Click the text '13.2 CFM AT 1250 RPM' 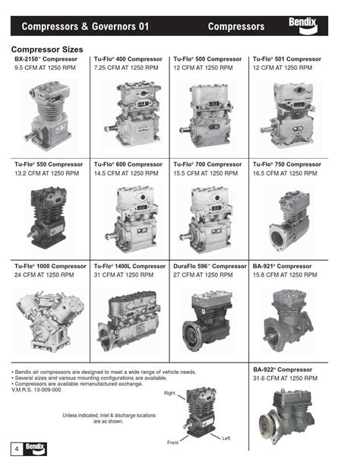tap(46, 174)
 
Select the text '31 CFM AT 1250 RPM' tap(125, 275)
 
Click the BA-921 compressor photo tap(289, 315)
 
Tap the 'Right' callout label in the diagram tap(169, 393)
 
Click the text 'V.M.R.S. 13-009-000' tap(36, 390)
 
